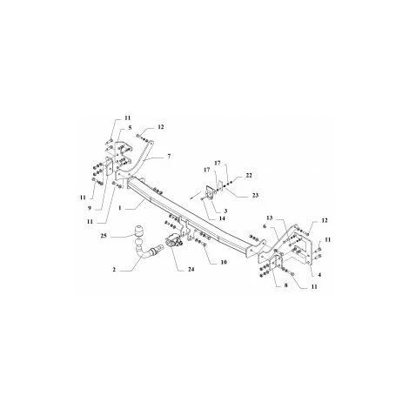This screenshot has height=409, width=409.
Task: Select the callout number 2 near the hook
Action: pos(114,271)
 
